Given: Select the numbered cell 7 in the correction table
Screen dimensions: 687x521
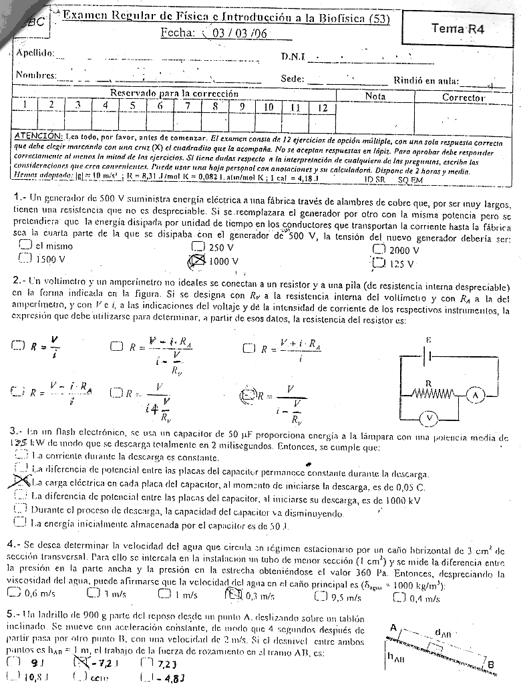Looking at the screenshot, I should point(188,106).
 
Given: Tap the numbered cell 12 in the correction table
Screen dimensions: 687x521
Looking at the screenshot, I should point(321,107).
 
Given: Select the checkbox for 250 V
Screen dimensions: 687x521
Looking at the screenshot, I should point(198,247).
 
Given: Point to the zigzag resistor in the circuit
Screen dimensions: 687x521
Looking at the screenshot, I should point(429,395).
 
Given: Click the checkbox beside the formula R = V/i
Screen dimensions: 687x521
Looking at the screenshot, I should point(17,345).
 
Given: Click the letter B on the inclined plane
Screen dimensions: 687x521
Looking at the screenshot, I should point(491,664).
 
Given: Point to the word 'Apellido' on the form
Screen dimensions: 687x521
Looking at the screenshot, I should point(36,53).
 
